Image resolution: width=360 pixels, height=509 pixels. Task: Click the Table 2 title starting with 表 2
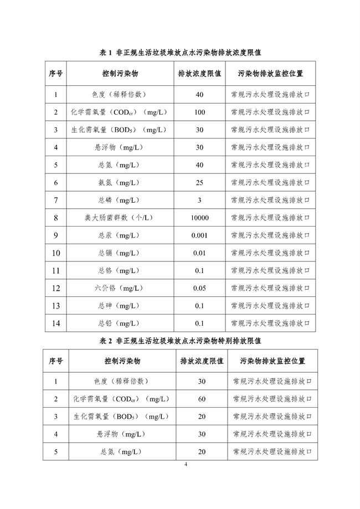tap(180, 341)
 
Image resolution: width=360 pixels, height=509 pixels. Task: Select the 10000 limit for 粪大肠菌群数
tap(199, 218)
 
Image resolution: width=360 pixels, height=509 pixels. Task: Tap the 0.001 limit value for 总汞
tap(199, 235)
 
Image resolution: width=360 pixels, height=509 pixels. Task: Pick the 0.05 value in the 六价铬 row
tap(199, 288)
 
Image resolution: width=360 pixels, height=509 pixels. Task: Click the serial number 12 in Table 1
tap(56, 288)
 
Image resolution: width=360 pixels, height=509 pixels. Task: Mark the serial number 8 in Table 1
tap(56, 218)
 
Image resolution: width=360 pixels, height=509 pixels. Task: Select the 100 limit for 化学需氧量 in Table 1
tap(199, 112)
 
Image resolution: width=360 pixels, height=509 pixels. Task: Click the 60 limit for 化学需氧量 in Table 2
tap(202, 399)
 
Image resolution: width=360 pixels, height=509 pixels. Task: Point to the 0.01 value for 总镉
tap(199, 253)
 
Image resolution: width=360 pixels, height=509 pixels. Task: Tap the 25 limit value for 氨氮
tap(199, 182)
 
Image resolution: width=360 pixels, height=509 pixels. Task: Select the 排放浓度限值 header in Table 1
tap(199, 73)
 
